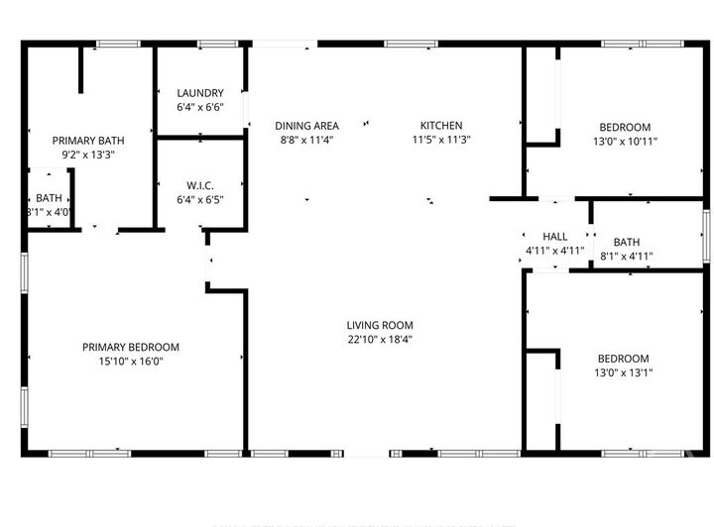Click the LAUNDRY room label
200,93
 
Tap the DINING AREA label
306,126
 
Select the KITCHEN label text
441,126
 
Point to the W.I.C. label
200,186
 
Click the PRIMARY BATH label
88,141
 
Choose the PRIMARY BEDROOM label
130,347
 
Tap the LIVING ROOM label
380,325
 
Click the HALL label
555,237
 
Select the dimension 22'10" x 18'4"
380,339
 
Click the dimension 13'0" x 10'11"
625,141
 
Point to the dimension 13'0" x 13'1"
623,372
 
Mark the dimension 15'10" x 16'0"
130,361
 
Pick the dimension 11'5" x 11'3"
441,140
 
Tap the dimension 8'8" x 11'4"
306,140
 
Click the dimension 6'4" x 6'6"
200,107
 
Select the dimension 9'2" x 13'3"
88,155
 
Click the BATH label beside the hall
627,243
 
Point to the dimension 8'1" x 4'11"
627,257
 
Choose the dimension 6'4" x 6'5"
200,200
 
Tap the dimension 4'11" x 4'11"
555,251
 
